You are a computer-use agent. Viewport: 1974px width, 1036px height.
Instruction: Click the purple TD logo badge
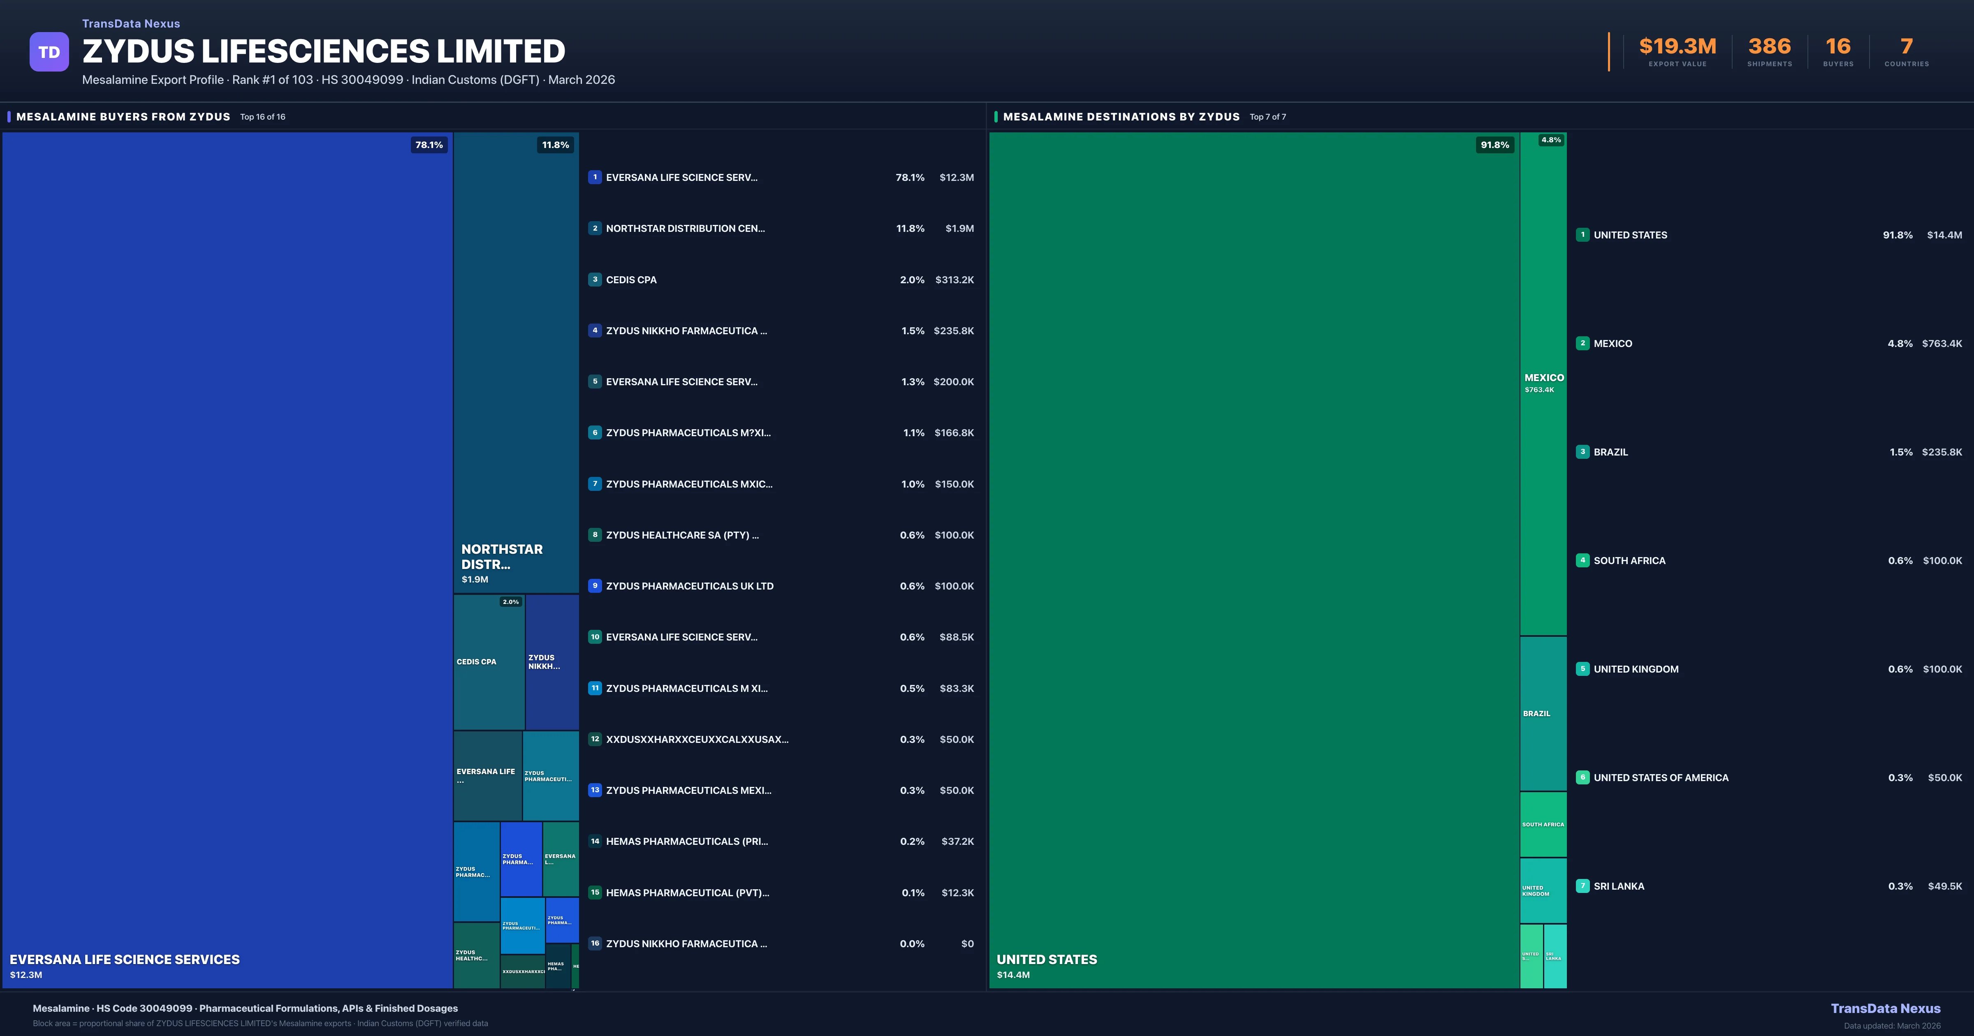[49, 52]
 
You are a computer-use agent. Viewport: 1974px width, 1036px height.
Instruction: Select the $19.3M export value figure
[1677, 47]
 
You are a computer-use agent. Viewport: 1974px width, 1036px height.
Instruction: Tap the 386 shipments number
[1769, 47]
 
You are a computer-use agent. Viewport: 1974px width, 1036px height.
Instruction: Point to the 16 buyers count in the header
[1837, 47]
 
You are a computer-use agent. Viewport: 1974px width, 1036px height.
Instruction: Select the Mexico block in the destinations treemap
[1543, 383]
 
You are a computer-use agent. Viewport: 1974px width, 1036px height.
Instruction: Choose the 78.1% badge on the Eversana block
[429, 145]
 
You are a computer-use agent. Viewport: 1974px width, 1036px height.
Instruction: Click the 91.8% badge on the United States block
[1494, 145]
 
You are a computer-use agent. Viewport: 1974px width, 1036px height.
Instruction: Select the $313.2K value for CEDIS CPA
[954, 280]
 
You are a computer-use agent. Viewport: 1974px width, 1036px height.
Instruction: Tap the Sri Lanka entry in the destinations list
[1618, 887]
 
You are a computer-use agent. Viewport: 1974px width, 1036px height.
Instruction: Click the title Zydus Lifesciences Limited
[323, 51]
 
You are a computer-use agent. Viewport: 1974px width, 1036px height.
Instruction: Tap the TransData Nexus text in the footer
[1885, 1008]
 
